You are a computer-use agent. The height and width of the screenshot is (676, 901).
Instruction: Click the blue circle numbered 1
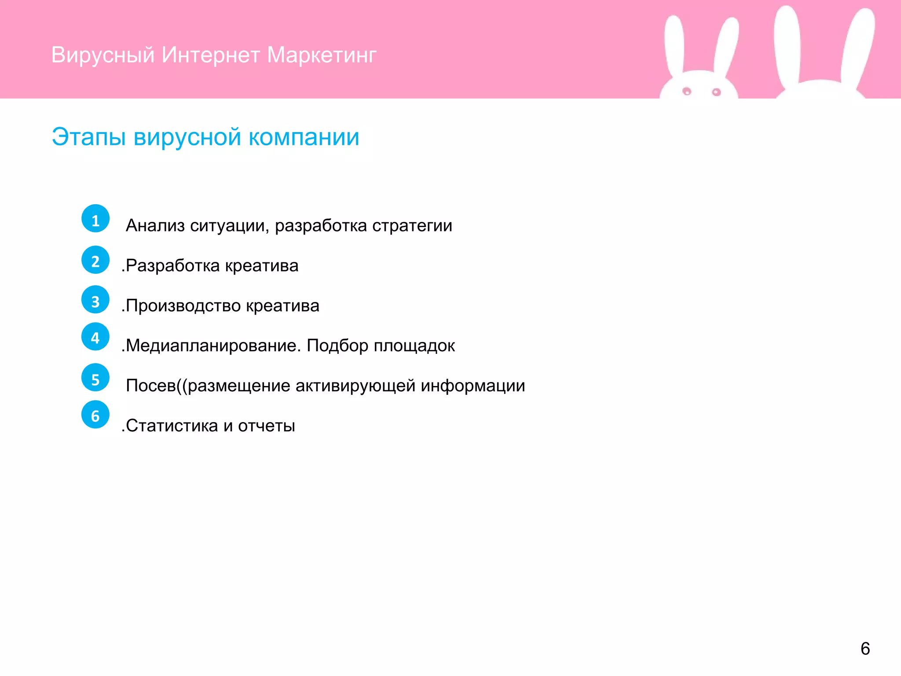point(95,219)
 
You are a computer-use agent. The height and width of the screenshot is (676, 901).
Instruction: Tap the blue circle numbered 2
point(95,260)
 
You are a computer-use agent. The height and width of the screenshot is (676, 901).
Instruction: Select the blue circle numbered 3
point(95,300)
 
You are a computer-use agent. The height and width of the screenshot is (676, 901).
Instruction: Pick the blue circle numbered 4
point(95,337)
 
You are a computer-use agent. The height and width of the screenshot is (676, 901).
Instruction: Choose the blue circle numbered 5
point(95,378)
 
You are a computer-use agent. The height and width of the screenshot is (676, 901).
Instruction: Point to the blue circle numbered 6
point(95,415)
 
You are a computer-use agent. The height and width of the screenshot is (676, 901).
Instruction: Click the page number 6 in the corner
point(865,649)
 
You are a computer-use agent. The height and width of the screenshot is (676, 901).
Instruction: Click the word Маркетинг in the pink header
point(322,55)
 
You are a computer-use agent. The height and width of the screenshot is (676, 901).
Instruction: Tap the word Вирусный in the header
point(103,55)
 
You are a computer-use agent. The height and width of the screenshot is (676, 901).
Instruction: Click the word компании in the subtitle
point(304,137)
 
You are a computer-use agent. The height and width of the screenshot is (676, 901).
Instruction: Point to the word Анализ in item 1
point(155,226)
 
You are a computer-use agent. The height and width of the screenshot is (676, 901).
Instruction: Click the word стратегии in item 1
point(412,226)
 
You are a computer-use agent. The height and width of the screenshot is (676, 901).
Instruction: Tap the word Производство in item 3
point(183,306)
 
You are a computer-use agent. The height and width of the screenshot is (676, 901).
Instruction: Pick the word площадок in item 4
point(414,346)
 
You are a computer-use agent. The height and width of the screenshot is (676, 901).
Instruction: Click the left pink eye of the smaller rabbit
point(687,91)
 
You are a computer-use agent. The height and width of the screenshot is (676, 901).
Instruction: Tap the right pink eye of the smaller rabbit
point(716,92)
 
